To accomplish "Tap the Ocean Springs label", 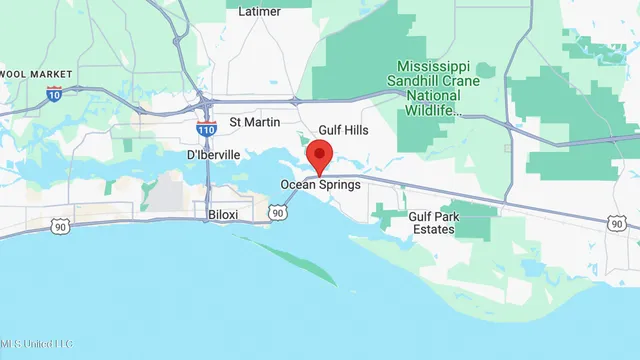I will click(320, 185).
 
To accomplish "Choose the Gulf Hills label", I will click(345, 131).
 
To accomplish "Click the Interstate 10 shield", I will click(54, 93).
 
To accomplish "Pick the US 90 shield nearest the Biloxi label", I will click(277, 213).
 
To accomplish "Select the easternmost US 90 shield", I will click(617, 224).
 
